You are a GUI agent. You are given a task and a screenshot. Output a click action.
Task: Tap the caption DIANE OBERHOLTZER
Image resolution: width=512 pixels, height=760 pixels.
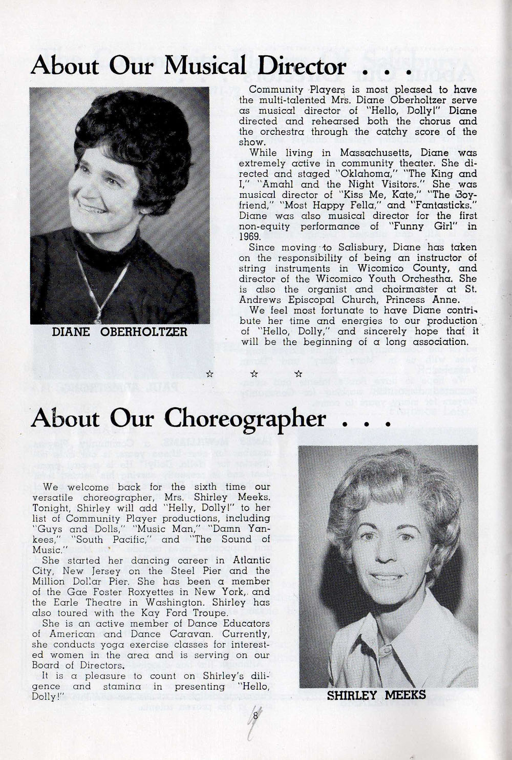tap(120, 332)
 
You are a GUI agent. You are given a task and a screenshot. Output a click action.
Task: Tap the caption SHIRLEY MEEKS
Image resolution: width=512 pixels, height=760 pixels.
tap(376, 695)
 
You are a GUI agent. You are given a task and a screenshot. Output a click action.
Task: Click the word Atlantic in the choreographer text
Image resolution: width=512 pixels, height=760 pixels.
tap(251, 560)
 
